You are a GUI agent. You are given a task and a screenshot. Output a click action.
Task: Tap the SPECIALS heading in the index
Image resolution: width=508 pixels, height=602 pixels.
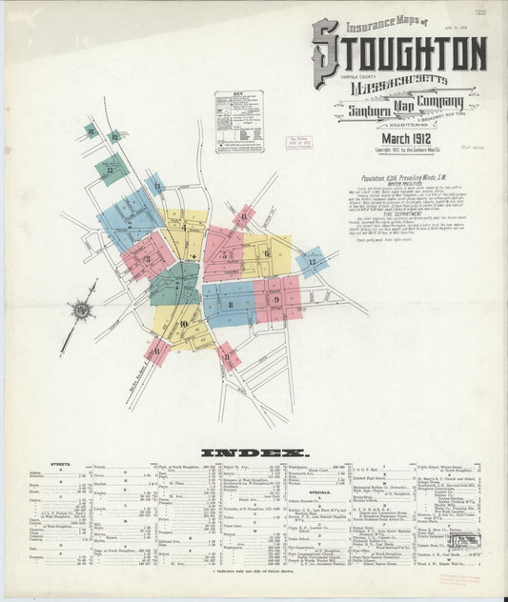[320, 492]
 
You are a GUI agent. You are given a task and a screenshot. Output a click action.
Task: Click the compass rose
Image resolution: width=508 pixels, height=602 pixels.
[82, 310]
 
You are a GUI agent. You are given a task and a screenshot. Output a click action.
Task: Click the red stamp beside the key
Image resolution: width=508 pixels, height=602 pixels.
[300, 142]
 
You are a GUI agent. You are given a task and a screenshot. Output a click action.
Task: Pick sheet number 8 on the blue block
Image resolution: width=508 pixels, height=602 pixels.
[230, 305]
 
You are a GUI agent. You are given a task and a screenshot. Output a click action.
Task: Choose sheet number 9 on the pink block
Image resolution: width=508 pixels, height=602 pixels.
[276, 299]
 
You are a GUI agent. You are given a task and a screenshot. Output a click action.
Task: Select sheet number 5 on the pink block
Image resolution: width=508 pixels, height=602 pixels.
[225, 255]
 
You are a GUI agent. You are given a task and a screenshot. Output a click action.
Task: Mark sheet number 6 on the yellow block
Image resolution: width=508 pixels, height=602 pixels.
[267, 252]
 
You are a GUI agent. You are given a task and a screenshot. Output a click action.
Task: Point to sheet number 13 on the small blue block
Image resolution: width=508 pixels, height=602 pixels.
[156, 184]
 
